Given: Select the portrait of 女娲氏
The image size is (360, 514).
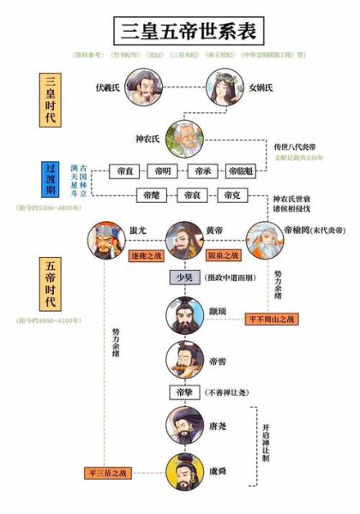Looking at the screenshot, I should click(x=224, y=87).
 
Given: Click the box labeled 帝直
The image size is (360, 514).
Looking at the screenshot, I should click(x=124, y=171).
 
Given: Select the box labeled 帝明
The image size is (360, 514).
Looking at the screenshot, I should click(x=164, y=171).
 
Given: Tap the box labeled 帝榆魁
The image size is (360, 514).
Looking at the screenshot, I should click(x=241, y=171).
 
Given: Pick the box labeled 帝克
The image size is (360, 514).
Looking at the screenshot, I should click(x=231, y=195).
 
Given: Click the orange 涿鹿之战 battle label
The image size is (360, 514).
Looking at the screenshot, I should click(x=146, y=255).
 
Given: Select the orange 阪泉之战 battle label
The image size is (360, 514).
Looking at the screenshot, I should click(x=220, y=255).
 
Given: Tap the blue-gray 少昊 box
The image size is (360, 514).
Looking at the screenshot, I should click(x=181, y=278).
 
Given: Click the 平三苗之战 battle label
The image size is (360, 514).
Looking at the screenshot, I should click(x=109, y=472).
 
